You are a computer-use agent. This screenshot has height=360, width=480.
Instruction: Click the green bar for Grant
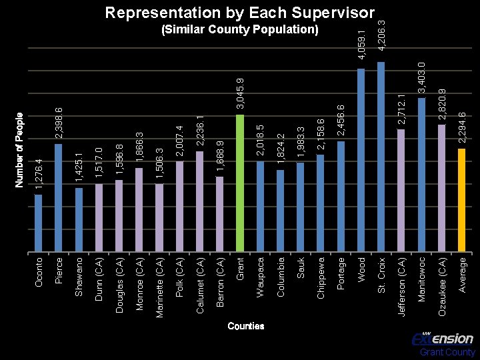(x=240, y=183)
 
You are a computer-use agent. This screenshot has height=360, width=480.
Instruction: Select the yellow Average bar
(x=461, y=200)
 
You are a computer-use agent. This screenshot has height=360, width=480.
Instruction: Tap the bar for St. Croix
(x=381, y=157)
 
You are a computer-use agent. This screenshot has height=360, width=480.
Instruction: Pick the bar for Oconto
(x=38, y=223)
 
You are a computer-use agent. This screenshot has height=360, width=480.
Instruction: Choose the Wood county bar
(x=361, y=160)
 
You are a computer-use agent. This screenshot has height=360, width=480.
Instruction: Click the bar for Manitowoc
(x=421, y=175)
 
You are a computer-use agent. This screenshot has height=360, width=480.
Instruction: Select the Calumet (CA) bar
(x=199, y=201)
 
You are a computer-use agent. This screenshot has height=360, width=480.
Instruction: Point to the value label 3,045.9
(x=240, y=94)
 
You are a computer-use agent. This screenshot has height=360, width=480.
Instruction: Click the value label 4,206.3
(x=381, y=36)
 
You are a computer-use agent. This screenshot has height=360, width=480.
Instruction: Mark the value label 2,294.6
(x=462, y=128)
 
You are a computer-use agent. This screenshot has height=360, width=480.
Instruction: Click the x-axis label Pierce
(x=59, y=271)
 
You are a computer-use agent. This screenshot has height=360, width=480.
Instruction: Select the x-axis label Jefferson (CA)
(x=401, y=287)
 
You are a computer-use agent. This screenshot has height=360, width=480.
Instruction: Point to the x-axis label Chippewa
(x=321, y=278)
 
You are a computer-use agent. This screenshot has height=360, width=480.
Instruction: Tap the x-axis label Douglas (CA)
(x=119, y=285)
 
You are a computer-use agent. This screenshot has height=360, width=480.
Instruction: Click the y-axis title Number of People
(x=19, y=150)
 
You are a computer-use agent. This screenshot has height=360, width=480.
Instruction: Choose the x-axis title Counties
(x=246, y=326)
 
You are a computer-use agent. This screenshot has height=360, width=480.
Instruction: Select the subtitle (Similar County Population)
(x=240, y=29)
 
